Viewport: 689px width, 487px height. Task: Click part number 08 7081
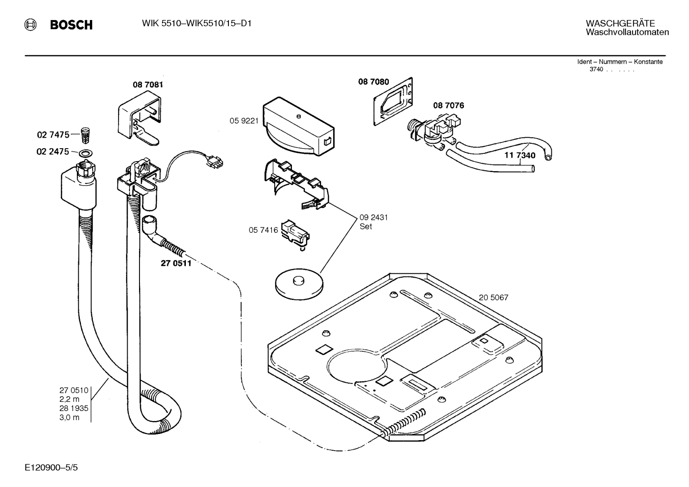tap(148, 85)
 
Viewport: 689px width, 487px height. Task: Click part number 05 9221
tap(244, 121)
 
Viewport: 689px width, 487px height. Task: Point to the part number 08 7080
tap(374, 82)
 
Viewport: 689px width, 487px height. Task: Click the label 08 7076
tap(448, 105)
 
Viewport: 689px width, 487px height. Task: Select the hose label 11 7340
tap(520, 155)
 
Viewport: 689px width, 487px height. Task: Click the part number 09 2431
tap(373, 217)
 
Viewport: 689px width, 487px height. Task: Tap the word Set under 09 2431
tap(366, 227)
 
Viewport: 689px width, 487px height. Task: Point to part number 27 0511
tap(176, 263)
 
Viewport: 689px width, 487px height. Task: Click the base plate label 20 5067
tap(494, 297)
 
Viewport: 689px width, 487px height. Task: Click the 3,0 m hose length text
tap(69, 417)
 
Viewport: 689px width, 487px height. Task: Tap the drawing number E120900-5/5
tap(51, 466)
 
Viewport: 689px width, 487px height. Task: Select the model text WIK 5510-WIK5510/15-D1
tap(197, 23)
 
